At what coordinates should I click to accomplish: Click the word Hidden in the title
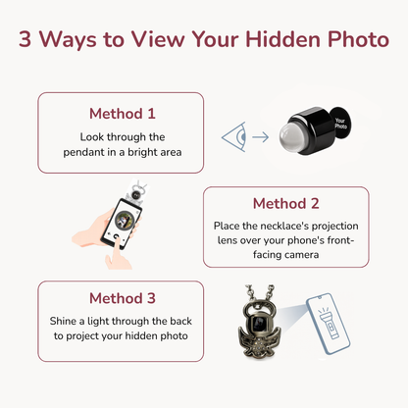click(283, 39)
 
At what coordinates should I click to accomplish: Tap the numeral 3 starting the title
click(25, 39)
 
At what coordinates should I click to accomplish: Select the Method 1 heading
click(123, 114)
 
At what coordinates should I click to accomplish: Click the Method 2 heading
click(286, 203)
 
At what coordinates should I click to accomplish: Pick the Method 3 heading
click(123, 298)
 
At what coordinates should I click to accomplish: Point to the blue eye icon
click(233, 136)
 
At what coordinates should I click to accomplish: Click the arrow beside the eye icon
click(261, 137)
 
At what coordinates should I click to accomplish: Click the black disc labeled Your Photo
click(340, 124)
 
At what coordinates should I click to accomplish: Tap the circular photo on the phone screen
click(125, 220)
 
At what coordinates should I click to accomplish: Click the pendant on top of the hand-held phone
click(135, 192)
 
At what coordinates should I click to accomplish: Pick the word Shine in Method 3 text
click(63, 321)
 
